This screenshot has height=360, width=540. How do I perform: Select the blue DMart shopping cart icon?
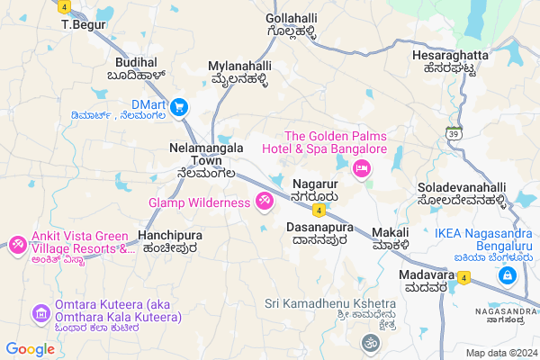179,107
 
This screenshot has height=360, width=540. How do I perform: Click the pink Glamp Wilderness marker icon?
265,202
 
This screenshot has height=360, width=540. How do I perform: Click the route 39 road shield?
455,133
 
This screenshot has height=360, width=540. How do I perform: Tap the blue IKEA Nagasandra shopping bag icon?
508,274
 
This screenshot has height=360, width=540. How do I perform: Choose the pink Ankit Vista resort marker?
17,243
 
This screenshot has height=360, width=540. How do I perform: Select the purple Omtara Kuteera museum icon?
40,312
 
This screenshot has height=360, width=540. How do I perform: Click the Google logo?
31,349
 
